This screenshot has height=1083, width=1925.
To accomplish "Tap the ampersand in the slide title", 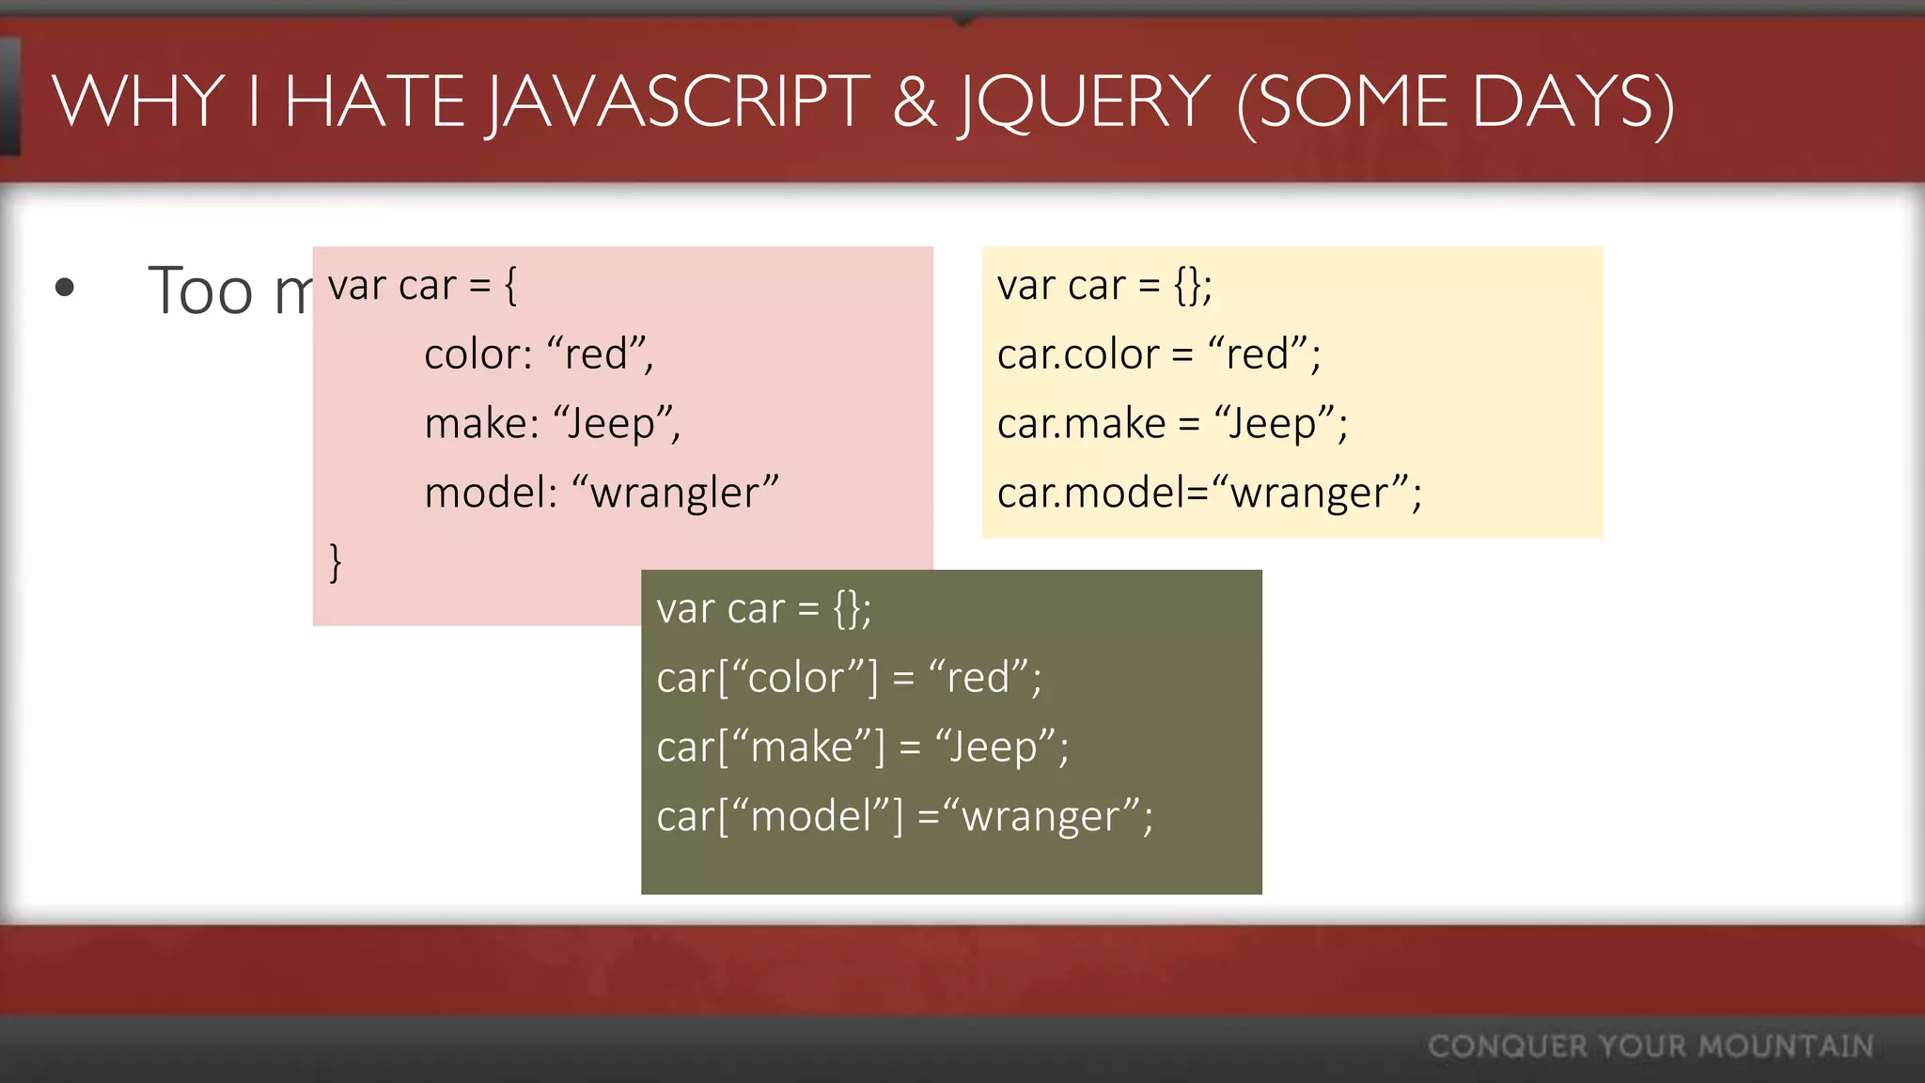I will pos(915,102).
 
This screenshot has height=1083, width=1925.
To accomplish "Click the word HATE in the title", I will pos(375,102).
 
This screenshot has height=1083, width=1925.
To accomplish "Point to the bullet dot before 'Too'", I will pos(64,288).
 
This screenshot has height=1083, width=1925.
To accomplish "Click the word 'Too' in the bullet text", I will pos(200,290).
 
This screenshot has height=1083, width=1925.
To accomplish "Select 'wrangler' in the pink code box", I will pos(675,493).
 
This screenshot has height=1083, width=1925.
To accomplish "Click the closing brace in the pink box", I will pos(336,562).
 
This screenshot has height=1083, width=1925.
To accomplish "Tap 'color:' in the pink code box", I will pos(478,354).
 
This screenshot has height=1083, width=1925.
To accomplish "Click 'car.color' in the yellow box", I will pos(1077,354).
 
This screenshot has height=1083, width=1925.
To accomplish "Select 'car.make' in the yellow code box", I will pos(1081,424).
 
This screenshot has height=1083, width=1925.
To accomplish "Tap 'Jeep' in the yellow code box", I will pos(1274,424).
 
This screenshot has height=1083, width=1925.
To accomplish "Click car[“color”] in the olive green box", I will pos(767,678).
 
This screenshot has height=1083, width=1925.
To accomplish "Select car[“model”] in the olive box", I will pos(779,816).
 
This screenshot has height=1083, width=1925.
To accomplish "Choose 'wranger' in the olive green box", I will pos(1044,817).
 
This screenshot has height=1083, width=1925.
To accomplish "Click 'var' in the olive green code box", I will pos(685,609).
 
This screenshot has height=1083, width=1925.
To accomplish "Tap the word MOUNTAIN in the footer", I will pos(1785,1046).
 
